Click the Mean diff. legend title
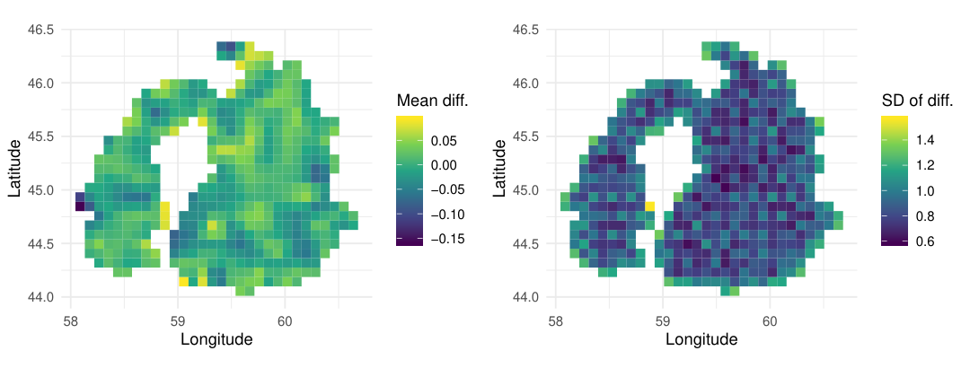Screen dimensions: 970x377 [x=432, y=101]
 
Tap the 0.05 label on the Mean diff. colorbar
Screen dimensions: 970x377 [x=444, y=141]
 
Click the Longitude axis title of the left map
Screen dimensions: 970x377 [x=216, y=338]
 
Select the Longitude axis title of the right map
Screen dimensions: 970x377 [x=701, y=338]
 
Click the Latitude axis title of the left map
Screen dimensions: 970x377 [x=16, y=168]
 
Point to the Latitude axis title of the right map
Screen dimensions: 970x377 [x=501, y=168]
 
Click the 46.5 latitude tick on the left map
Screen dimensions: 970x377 [x=41, y=30]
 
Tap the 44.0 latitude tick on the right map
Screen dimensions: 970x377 [x=526, y=297]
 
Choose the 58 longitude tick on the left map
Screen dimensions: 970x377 [x=71, y=320]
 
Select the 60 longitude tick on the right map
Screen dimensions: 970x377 [x=770, y=320]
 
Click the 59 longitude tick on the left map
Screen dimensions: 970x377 [x=178, y=320]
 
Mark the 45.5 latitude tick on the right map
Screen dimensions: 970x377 [x=526, y=136]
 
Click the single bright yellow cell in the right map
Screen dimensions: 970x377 [x=650, y=206]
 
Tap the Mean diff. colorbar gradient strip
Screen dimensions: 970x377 [x=410, y=180]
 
